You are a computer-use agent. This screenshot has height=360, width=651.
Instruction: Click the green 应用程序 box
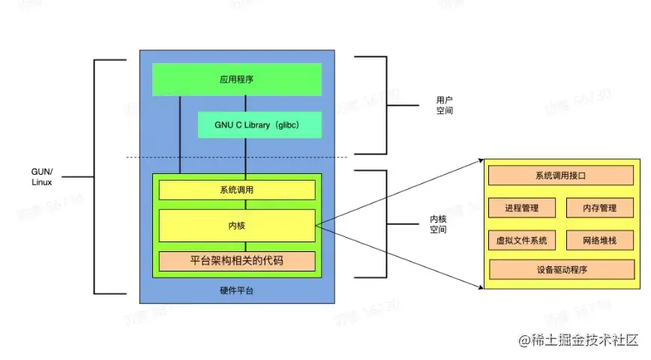click(x=237, y=79)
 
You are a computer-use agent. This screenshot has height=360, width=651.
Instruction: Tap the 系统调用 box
click(x=236, y=190)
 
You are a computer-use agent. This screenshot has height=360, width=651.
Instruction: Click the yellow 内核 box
click(x=236, y=225)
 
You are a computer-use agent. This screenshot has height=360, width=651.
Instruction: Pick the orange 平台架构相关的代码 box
click(x=236, y=261)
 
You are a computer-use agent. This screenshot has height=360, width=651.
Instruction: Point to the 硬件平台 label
click(x=236, y=289)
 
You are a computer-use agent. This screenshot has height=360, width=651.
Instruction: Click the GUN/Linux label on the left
click(x=42, y=177)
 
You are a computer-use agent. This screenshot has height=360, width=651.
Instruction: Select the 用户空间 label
click(x=445, y=104)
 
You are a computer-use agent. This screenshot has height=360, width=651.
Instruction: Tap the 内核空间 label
click(x=437, y=224)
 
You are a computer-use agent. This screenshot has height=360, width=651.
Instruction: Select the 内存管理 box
click(x=599, y=208)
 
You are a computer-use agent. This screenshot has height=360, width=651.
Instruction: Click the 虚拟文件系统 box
click(x=521, y=240)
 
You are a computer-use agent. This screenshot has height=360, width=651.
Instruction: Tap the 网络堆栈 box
click(x=599, y=240)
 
